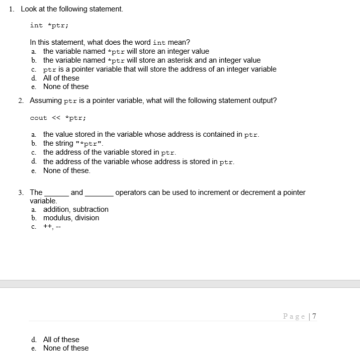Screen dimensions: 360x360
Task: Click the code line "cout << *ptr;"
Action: [x=58, y=118]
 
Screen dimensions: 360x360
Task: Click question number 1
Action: [x=12, y=9]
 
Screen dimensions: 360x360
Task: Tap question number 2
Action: [x=20, y=100]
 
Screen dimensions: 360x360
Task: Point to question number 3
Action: [x=20, y=192]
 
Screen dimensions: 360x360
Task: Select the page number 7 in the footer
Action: [x=314, y=316]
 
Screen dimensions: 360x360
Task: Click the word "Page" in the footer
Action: [x=294, y=316]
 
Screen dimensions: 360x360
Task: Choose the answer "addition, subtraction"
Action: [x=76, y=209]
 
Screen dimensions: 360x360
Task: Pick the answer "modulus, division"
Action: [x=71, y=218]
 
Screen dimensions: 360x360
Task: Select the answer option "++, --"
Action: [x=52, y=227]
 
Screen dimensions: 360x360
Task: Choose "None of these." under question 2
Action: [x=67, y=171]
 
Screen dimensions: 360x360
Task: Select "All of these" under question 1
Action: [x=61, y=78]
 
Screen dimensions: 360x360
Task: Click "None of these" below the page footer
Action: [x=66, y=348]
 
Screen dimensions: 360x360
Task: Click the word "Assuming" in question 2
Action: [x=46, y=100]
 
